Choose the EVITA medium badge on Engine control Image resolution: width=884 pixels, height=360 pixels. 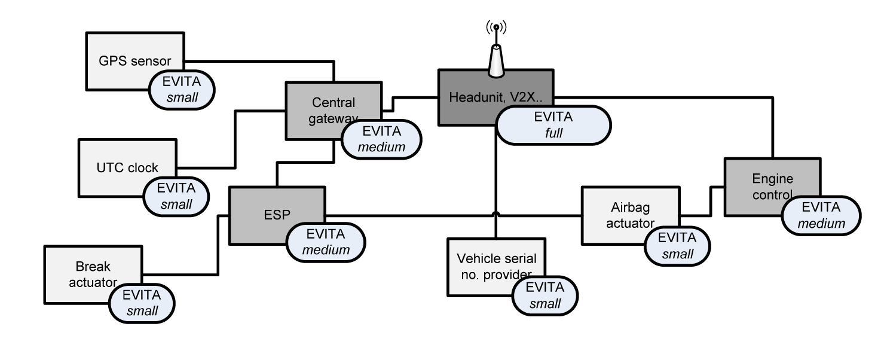821,215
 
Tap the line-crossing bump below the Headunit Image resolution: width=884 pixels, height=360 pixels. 496,213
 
